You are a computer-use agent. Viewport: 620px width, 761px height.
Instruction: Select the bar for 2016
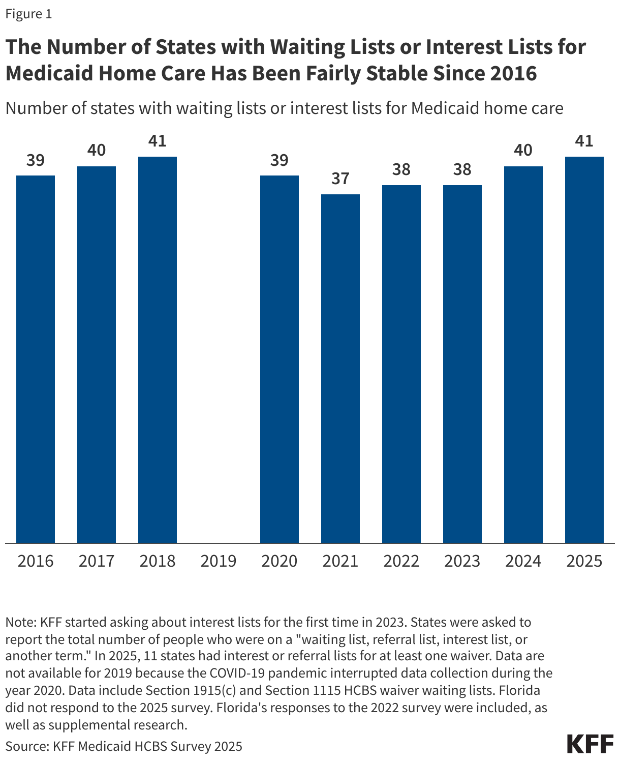pyautogui.click(x=36, y=359)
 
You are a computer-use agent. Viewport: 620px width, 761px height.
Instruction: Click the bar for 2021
pyautogui.click(x=340, y=368)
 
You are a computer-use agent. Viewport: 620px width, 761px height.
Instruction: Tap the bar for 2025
pyautogui.click(x=584, y=349)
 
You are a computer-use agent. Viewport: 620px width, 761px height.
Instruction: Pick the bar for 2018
pyautogui.click(x=158, y=349)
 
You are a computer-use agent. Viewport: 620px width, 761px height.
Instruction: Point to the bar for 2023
pyautogui.click(x=462, y=364)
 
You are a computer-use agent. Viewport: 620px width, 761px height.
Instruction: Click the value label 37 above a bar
pyautogui.click(x=340, y=179)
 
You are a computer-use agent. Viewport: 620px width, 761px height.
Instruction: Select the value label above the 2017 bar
pyautogui.click(x=97, y=151)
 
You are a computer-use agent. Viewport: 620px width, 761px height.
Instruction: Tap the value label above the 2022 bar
pyautogui.click(x=401, y=169)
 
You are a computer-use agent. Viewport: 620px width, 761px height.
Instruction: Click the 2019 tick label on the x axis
pyautogui.click(x=219, y=561)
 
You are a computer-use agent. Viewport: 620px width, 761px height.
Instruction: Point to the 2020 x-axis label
pyautogui.click(x=280, y=561)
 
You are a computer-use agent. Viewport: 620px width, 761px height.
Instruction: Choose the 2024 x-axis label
pyautogui.click(x=523, y=561)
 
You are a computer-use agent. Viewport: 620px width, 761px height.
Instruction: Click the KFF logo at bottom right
pyautogui.click(x=590, y=744)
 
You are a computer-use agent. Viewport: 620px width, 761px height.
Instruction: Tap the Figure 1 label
pyautogui.click(x=28, y=14)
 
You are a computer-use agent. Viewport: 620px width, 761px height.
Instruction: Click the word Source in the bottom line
pyautogui.click(x=26, y=746)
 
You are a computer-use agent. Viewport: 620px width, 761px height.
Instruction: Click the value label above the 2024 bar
pyautogui.click(x=523, y=151)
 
